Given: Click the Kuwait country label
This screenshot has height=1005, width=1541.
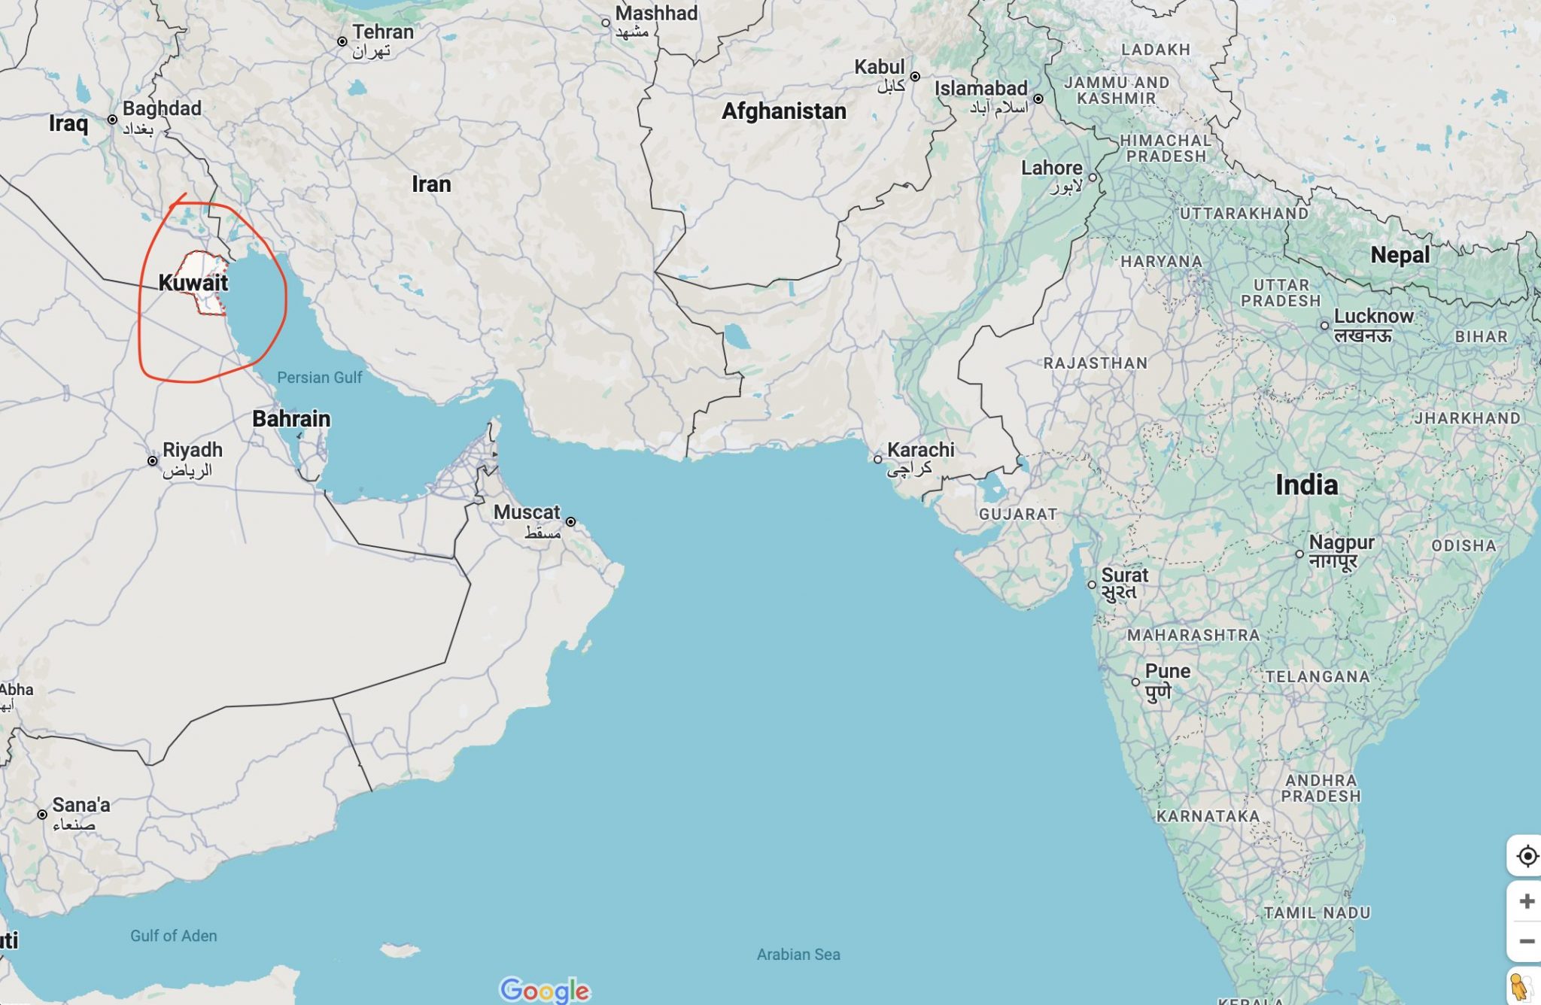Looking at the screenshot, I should click(x=193, y=283).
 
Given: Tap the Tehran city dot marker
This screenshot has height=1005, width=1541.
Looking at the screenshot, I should click(x=342, y=41).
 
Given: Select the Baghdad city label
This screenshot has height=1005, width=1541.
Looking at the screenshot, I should click(x=162, y=108).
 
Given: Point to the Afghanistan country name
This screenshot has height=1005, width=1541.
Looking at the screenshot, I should click(x=784, y=111).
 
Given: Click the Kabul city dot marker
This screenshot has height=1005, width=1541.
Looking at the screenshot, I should click(x=915, y=77).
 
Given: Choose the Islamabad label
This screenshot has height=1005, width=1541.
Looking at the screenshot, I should click(x=980, y=89).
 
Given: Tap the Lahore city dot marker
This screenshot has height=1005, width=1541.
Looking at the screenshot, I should click(x=1093, y=178).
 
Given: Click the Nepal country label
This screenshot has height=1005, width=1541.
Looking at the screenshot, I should click(x=1400, y=255).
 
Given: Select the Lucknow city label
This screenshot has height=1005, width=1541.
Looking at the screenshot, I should click(x=1373, y=316).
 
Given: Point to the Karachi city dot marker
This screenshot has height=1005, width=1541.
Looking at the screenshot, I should click(x=877, y=459).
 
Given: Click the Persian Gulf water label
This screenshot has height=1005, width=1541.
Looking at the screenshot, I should click(x=319, y=378).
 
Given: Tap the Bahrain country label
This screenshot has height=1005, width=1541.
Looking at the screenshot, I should click(x=291, y=419).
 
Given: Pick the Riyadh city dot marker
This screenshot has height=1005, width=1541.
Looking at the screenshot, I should click(x=153, y=460).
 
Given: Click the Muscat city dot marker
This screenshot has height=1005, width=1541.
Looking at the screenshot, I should click(x=571, y=521).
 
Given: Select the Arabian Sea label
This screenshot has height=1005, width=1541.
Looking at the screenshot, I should click(x=798, y=955).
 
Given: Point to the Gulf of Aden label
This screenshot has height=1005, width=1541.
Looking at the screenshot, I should click(x=173, y=936).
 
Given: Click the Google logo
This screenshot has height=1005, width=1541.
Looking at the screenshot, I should click(x=545, y=990).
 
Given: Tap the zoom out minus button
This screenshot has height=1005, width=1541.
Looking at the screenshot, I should click(x=1527, y=941).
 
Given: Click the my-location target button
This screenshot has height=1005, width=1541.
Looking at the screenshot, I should click(x=1527, y=856).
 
